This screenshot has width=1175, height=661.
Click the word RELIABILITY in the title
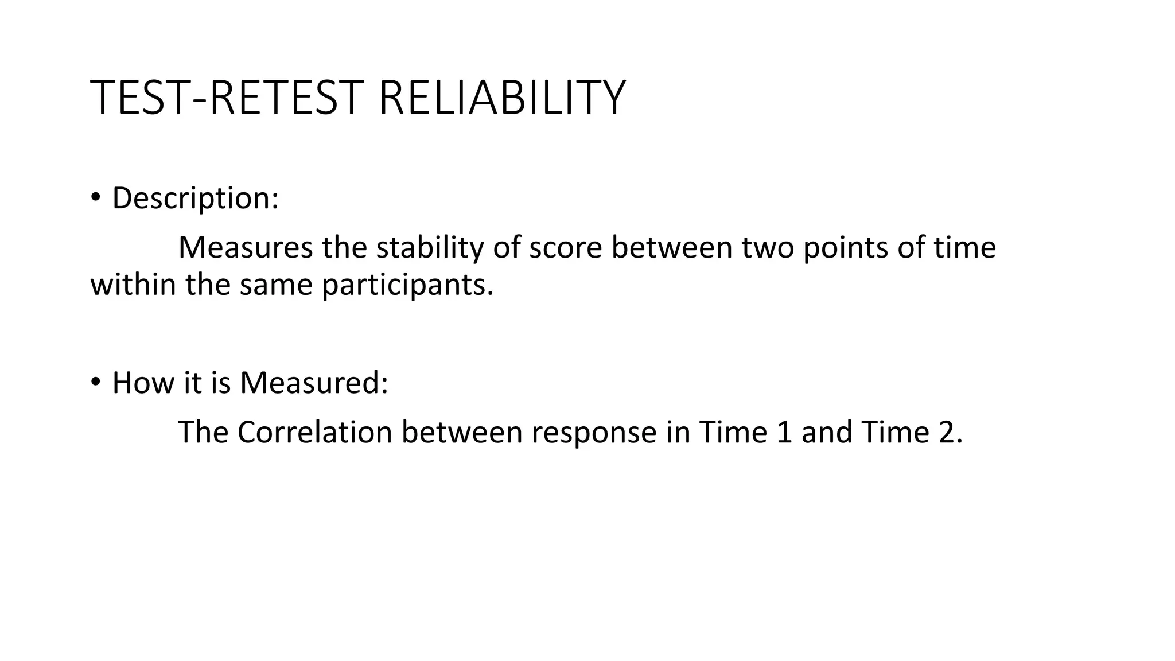pos(501,98)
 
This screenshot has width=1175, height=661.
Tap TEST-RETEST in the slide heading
pos(228,98)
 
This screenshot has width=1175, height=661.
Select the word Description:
pos(195,199)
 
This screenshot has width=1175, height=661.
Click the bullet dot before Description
pos(95,197)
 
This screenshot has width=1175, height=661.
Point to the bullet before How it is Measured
pos(95,382)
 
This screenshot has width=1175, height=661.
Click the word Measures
pos(246,248)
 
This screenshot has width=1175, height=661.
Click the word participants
pos(407,286)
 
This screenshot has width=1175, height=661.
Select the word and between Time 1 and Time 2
pos(827,432)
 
